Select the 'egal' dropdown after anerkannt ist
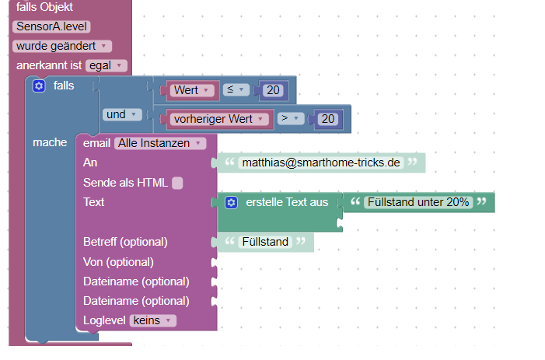coord(107,66)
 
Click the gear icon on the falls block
coord(39,86)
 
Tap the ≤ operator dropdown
coord(236,90)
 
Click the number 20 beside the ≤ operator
coord(273,91)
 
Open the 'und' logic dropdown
coord(121,115)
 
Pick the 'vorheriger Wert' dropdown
coord(214,120)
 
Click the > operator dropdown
coord(289,120)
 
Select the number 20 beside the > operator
coord(327,120)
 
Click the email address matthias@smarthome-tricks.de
coord(320,163)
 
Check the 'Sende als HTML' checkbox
coord(177,183)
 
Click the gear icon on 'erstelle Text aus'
coord(231,203)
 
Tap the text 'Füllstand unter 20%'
coord(418,202)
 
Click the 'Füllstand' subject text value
coord(265,242)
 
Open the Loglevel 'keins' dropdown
coord(154,320)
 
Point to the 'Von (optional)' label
coord(118,262)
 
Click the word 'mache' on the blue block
coord(49,143)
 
